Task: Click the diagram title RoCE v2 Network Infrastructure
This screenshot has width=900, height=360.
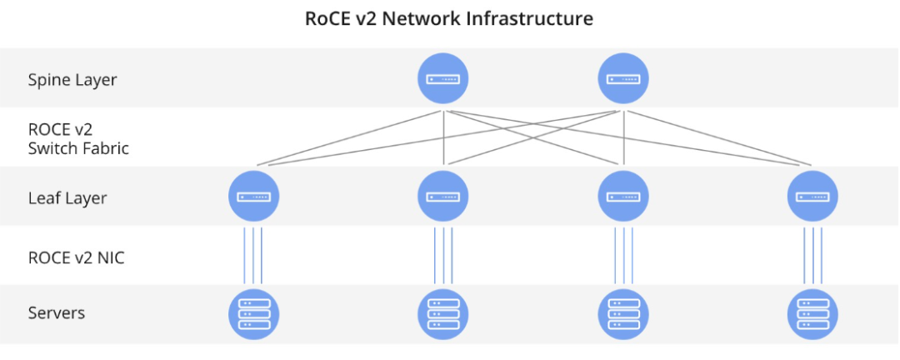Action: click(x=449, y=18)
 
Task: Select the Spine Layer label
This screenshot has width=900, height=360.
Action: click(x=72, y=80)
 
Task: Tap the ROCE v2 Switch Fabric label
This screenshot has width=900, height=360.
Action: click(x=78, y=138)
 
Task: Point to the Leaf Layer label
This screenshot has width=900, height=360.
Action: click(x=67, y=198)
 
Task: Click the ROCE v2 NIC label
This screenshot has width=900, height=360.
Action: click(x=76, y=257)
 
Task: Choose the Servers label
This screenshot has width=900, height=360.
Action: click(x=57, y=313)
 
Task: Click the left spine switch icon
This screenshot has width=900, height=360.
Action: click(x=442, y=79)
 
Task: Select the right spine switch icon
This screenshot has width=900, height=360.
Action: click(x=624, y=79)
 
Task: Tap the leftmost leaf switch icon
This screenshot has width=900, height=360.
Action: click(x=253, y=197)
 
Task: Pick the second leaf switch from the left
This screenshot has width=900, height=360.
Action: click(x=442, y=197)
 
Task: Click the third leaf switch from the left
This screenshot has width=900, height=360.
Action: click(x=624, y=197)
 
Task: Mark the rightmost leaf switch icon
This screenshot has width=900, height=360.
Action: click(x=812, y=197)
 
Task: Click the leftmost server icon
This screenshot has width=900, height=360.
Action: click(x=253, y=313)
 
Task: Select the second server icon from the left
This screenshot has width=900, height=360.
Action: click(x=442, y=313)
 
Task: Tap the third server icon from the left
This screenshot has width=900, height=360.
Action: click(x=624, y=313)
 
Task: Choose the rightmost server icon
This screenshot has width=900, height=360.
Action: click(x=812, y=313)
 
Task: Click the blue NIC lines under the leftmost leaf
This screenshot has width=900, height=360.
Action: click(x=253, y=256)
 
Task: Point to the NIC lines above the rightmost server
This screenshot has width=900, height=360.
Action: click(x=812, y=256)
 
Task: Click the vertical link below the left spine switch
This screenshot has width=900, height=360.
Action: click(x=444, y=137)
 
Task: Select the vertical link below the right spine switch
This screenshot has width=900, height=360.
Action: click(x=623, y=137)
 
